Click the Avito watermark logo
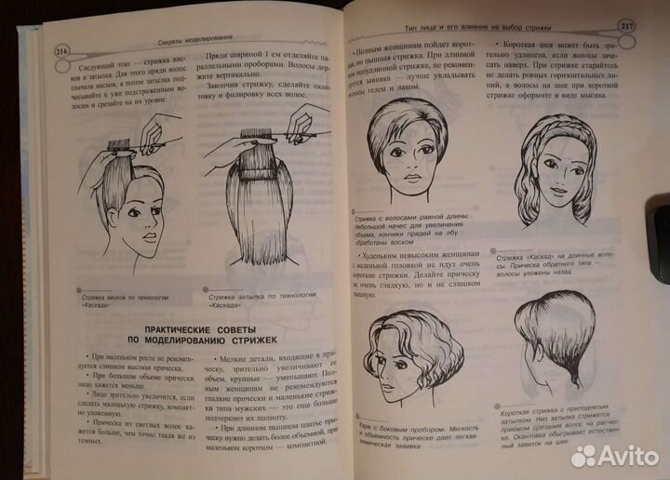(x=613, y=455)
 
